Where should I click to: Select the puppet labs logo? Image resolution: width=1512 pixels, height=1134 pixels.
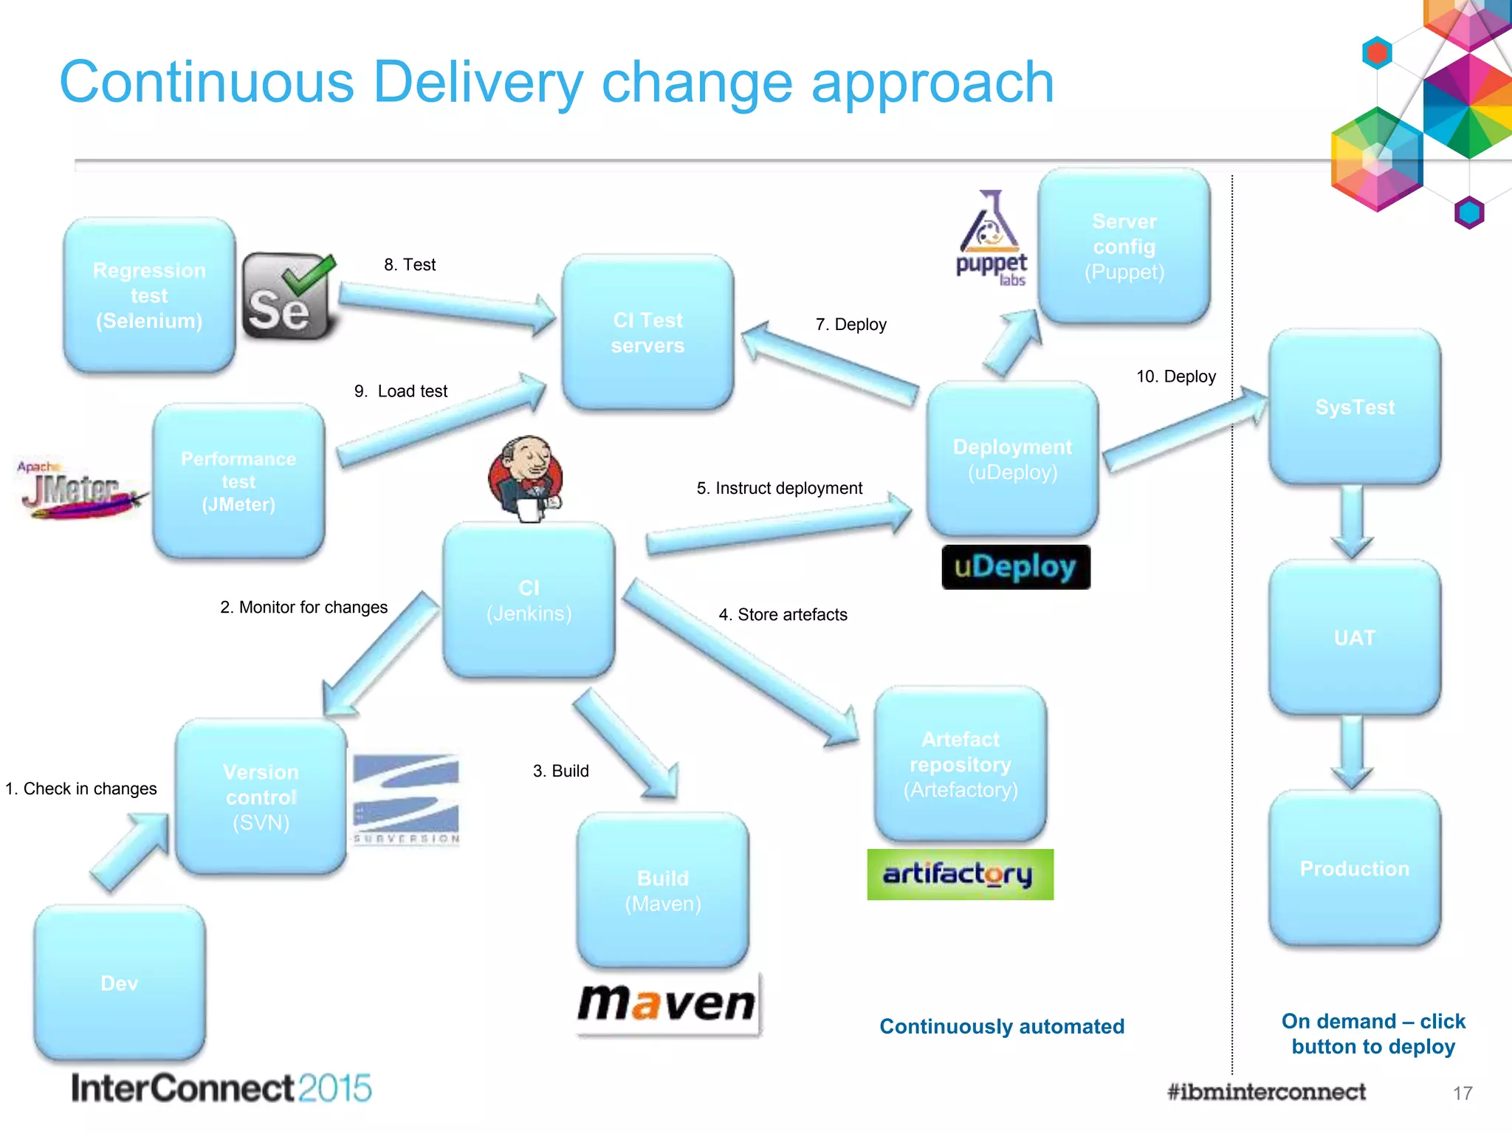click(x=991, y=239)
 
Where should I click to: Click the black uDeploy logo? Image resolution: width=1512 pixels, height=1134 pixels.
click(x=1015, y=567)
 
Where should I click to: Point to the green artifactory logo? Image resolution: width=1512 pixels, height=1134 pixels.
click(x=960, y=874)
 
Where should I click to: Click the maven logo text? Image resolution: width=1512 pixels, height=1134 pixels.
click(x=667, y=1003)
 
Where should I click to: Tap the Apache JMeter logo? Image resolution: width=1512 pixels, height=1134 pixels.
click(x=78, y=489)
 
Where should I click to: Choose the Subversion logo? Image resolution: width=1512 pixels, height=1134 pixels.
click(x=406, y=799)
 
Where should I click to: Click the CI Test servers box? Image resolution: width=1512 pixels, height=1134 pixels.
click(x=647, y=333)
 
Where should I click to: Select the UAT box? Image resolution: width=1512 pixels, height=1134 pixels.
click(x=1354, y=637)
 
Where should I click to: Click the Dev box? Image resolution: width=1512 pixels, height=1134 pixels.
click(x=120, y=983)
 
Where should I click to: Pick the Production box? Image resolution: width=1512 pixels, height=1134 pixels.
click(x=1354, y=868)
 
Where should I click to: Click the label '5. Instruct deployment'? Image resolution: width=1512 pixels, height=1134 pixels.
click(x=779, y=488)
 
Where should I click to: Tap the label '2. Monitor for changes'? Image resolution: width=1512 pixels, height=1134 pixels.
click(x=303, y=607)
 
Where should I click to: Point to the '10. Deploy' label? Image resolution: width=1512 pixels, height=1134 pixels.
click(x=1175, y=377)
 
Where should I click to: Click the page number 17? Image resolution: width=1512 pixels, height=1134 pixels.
click(x=1462, y=1093)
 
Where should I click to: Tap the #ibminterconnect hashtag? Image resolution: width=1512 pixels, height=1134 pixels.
click(x=1265, y=1092)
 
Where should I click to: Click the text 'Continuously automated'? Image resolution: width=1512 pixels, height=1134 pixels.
click(x=1001, y=1026)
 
